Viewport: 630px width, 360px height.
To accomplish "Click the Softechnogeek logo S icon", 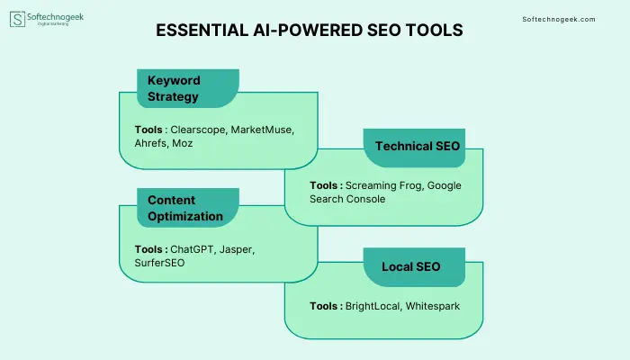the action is (x=17, y=19).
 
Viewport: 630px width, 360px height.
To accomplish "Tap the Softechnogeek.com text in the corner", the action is (x=559, y=19).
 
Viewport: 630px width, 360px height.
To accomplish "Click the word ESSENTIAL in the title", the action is (x=202, y=30).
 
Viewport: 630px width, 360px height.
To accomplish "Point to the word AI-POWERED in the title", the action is (x=307, y=30).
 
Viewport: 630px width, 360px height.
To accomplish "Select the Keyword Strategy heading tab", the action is (x=188, y=88).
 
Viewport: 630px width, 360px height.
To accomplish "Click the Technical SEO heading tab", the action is (x=414, y=148).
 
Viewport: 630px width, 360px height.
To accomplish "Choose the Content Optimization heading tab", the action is (x=188, y=208).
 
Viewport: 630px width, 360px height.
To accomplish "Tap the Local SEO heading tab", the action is (x=414, y=267).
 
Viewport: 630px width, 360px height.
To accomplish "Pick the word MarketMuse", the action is (x=262, y=130).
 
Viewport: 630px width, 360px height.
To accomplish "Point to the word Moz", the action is (x=183, y=143).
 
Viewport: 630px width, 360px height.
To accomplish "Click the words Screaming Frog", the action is (x=383, y=185).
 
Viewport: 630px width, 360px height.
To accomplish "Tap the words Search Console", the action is (x=347, y=199).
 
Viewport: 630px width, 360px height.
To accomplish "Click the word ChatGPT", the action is (x=193, y=249).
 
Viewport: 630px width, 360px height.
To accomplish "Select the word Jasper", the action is (x=237, y=250).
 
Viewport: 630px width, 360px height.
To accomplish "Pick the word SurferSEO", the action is (x=159, y=263).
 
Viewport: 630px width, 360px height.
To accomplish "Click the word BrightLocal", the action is (x=373, y=306).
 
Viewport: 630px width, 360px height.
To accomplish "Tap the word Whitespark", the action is (x=433, y=306).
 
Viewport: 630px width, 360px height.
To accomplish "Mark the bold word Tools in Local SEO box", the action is (x=323, y=306).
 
